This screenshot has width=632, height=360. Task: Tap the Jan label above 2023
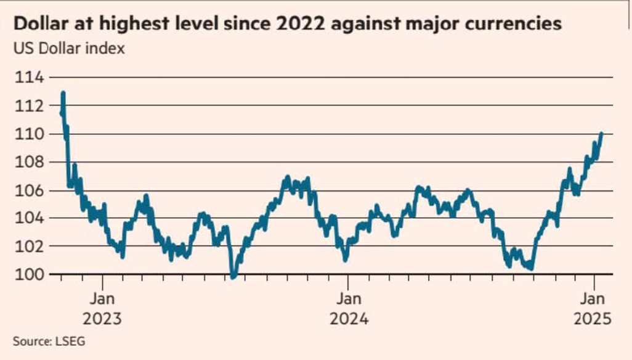click(x=102, y=300)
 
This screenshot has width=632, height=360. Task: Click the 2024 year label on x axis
click(x=349, y=320)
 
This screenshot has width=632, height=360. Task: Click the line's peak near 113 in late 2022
click(x=63, y=93)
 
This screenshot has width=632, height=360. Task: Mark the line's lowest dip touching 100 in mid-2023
click(x=233, y=277)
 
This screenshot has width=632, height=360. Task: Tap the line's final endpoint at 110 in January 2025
click(x=601, y=134)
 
